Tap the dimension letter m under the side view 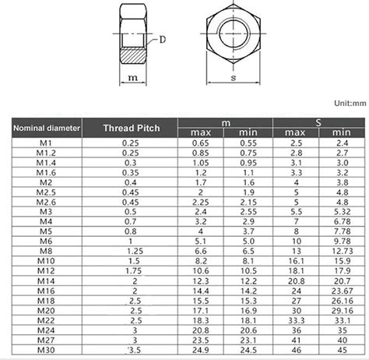pos(133,79)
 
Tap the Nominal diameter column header pos(47,126)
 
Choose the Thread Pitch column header pos(130,126)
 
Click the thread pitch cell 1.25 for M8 pos(130,252)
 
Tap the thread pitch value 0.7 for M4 pos(130,221)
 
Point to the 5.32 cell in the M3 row pos(340,211)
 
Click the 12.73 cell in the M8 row pos(340,252)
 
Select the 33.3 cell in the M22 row pos(295,319)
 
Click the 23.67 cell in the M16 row pos(340,290)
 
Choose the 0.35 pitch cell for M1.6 pos(130,171)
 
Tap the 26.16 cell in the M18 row pos(340,300)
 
